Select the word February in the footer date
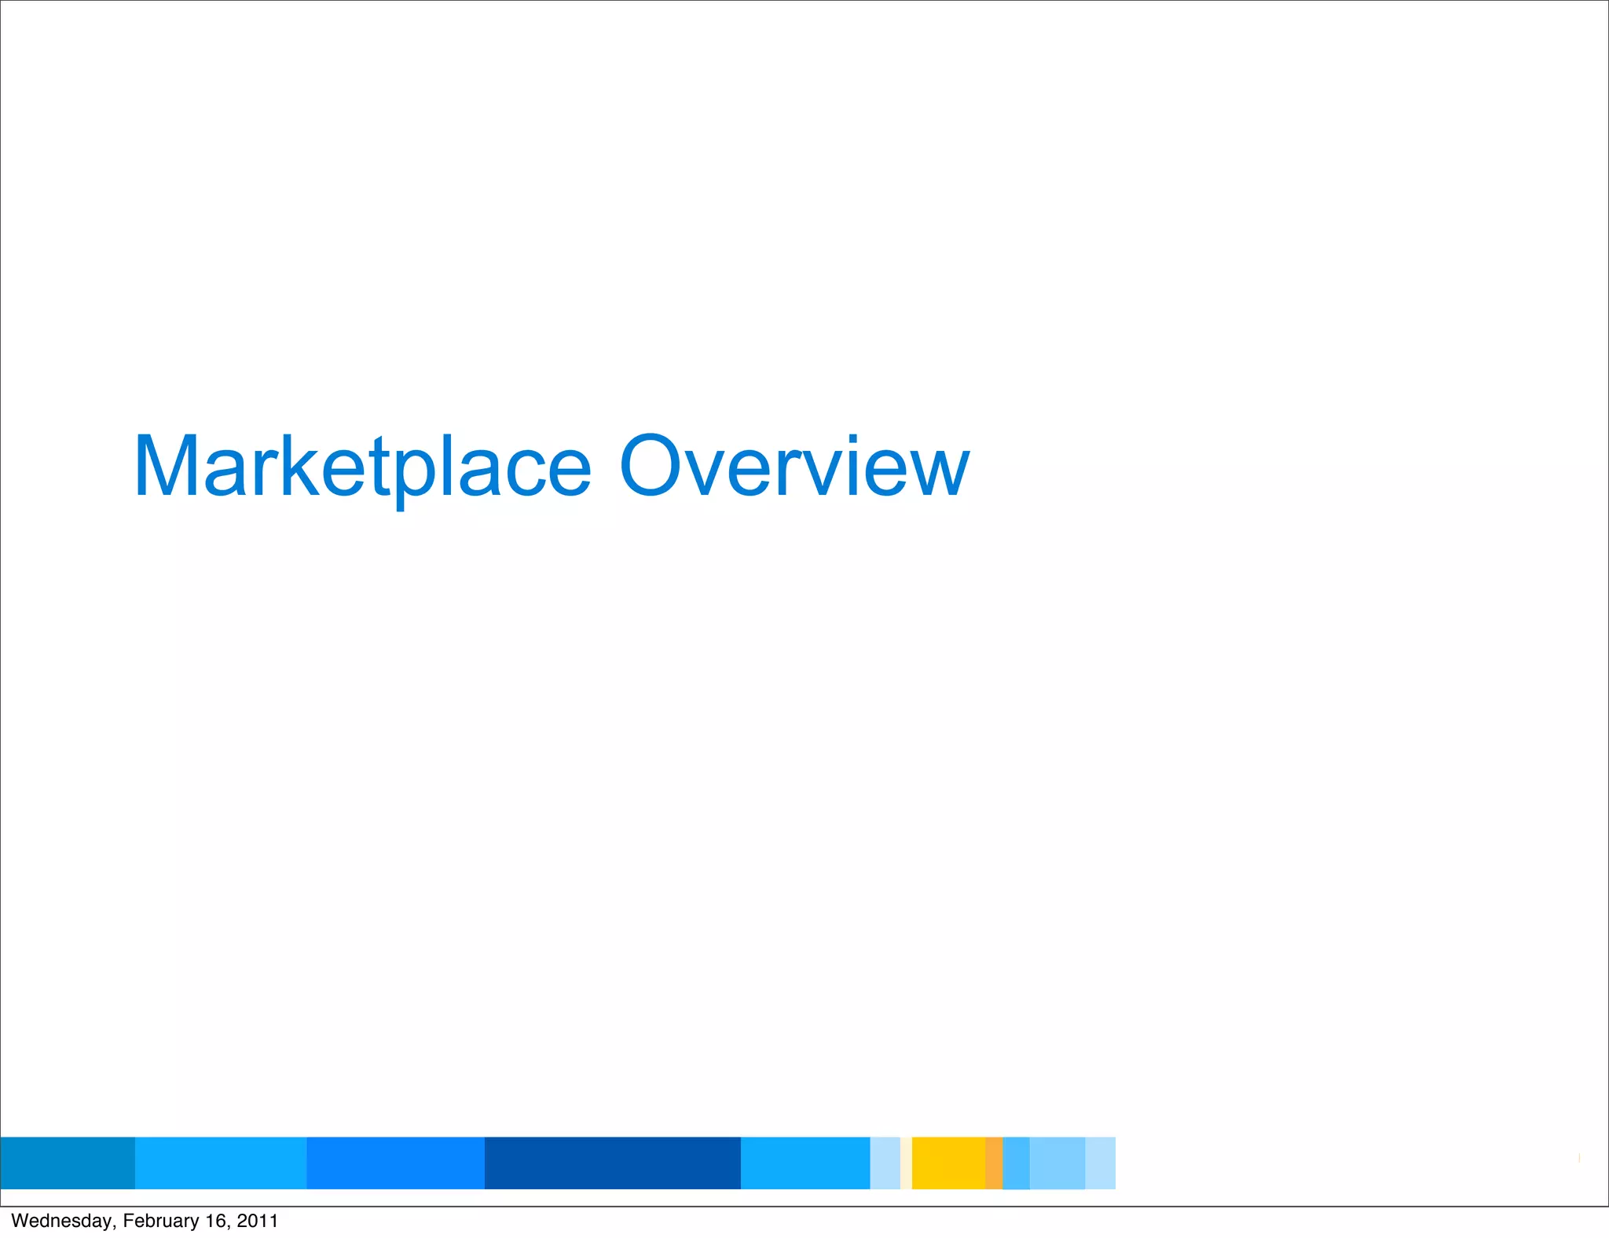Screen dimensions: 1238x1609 [161, 1221]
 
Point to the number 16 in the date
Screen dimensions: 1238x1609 [215, 1221]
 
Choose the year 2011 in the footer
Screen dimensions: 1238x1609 [257, 1221]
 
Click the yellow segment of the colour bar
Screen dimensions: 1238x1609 [948, 1163]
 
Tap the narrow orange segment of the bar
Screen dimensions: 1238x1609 [994, 1163]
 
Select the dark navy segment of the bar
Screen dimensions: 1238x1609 [612, 1163]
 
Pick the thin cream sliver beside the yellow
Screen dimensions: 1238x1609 [906, 1163]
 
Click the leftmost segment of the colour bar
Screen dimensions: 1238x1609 [68, 1163]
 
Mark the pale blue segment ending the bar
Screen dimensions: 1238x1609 [1100, 1163]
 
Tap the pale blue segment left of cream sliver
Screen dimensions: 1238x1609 [885, 1163]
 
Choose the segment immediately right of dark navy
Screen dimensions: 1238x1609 [805, 1163]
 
